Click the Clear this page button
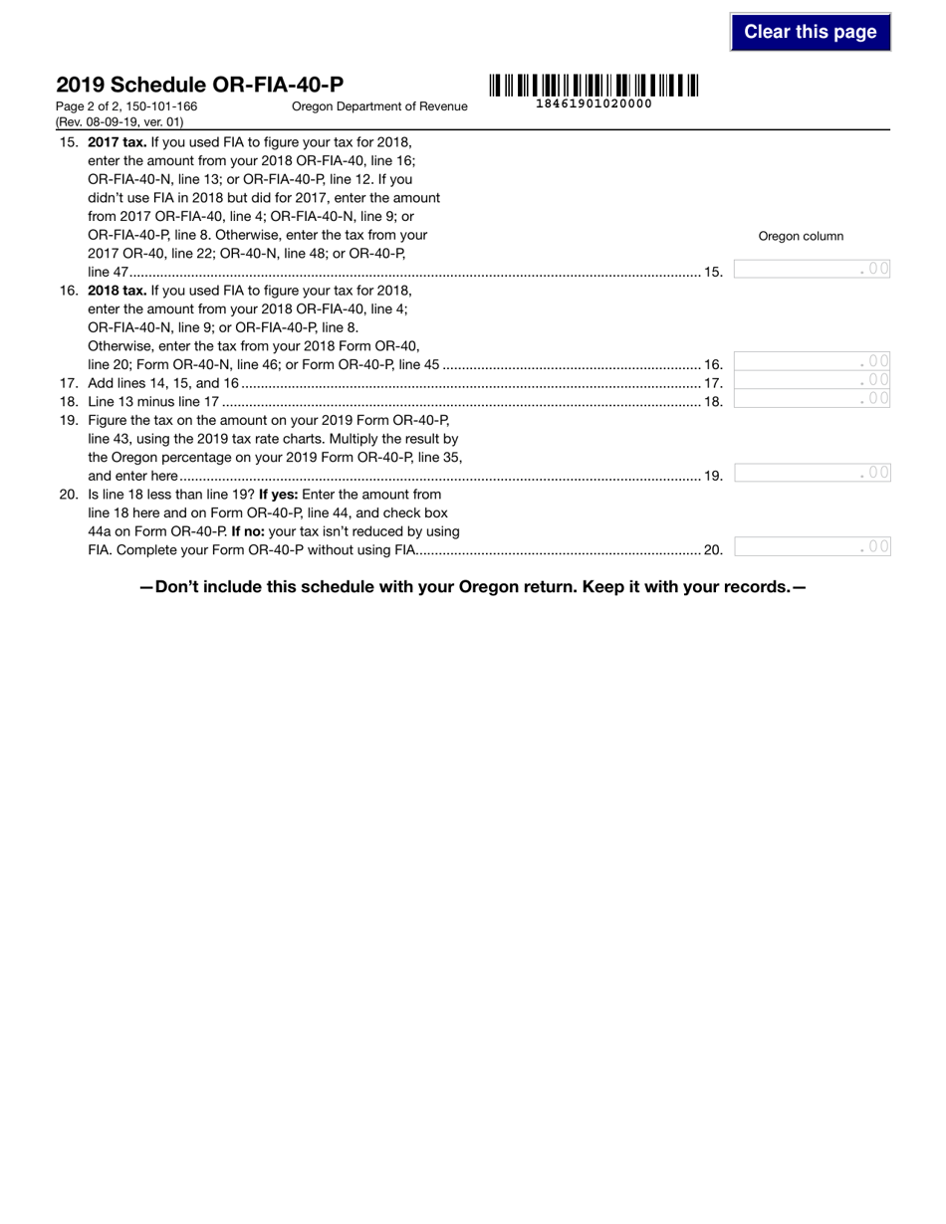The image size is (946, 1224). click(810, 32)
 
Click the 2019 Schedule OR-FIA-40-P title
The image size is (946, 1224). click(200, 85)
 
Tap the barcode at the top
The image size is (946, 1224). click(593, 86)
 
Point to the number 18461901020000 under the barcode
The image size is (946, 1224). click(593, 103)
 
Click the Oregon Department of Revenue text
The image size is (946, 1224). click(379, 106)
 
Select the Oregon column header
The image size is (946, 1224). click(801, 236)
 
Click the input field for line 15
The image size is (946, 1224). click(812, 269)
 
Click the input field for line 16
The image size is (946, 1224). click(812, 361)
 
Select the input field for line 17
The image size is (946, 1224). click(812, 380)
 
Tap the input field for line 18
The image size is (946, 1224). click(812, 399)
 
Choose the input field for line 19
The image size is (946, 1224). click(812, 473)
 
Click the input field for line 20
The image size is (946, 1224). click(812, 546)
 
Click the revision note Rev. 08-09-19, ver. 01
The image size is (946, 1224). click(120, 122)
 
